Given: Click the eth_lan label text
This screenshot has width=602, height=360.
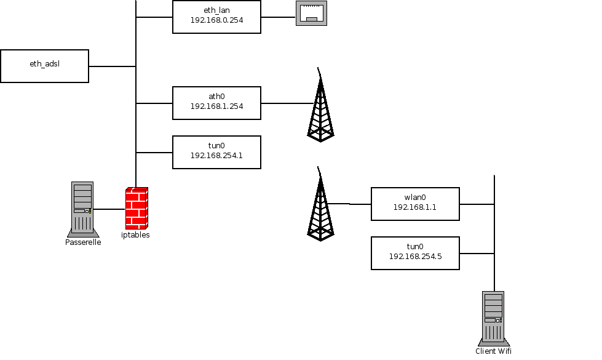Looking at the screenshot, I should tap(216, 10).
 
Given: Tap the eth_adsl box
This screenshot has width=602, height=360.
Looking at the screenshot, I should tap(44, 66).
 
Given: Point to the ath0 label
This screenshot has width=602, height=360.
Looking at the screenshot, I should tap(216, 97).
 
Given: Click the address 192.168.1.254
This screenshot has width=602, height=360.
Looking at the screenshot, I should tap(216, 106).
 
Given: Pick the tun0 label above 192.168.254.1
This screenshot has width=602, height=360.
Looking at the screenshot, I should tap(216, 146).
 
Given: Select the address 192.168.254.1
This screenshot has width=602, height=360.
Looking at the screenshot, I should tap(216, 156).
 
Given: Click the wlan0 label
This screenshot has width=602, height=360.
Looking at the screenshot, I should tap(415, 198).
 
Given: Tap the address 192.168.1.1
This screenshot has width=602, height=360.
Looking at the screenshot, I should tap(415, 207).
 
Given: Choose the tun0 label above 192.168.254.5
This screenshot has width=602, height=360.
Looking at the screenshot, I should tap(415, 247).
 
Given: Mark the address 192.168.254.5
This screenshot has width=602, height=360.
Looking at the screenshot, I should tap(415, 257).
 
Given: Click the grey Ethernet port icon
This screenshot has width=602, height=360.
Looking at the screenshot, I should tap(311, 13).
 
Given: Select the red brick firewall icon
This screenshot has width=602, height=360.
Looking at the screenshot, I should tap(137, 207).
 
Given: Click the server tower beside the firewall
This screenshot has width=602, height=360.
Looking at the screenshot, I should tap(82, 208).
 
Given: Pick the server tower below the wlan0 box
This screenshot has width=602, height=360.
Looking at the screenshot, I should tap(493, 317).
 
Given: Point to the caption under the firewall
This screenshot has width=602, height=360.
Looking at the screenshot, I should tap(137, 235).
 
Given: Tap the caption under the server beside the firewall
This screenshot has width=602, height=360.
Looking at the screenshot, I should tap(84, 242).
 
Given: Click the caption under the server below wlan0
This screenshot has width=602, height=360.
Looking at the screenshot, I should tap(493, 351).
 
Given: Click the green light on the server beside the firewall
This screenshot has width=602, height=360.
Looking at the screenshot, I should tap(90, 211).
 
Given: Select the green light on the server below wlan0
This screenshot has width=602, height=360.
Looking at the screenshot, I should tap(501, 320).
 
